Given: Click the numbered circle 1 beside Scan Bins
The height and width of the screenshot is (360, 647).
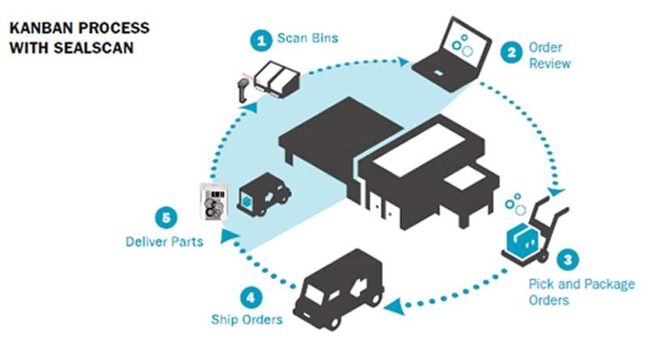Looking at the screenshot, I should [260, 38].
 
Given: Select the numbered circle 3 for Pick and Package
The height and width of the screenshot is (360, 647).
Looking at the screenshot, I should [569, 260].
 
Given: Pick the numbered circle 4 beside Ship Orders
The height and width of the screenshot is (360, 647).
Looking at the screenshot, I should [252, 296].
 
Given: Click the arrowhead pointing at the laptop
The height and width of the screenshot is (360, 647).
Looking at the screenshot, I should [404, 59].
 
